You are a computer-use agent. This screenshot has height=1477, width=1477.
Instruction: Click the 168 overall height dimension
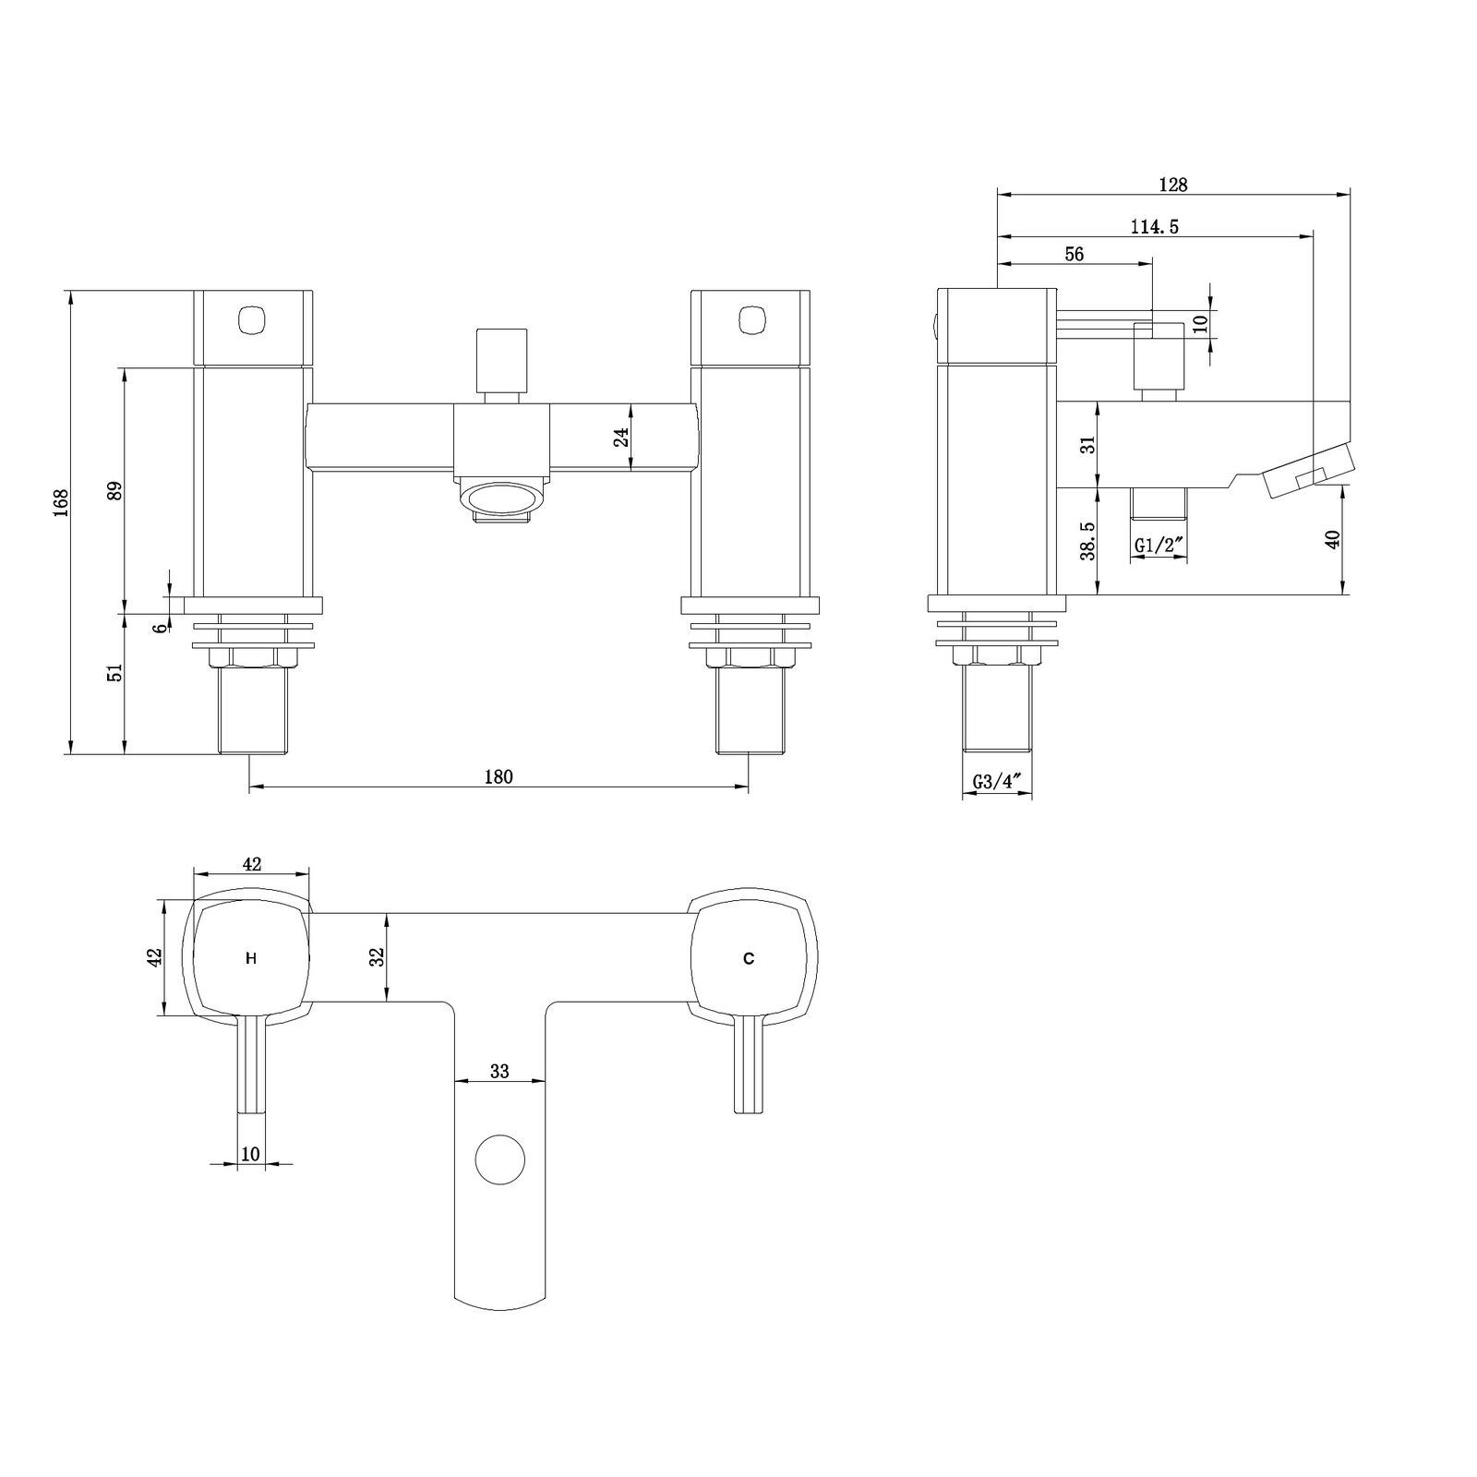[62, 502]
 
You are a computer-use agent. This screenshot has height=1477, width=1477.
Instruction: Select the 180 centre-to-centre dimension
[498, 776]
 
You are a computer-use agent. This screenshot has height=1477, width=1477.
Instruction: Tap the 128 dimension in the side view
[1173, 185]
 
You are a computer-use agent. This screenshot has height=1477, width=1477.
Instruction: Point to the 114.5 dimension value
[1155, 227]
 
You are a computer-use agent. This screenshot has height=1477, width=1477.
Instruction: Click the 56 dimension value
[1074, 255]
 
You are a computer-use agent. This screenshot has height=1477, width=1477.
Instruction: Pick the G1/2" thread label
[1159, 546]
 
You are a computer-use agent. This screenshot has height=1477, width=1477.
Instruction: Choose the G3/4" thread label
[997, 782]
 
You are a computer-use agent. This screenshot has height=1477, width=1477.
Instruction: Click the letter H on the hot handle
[251, 959]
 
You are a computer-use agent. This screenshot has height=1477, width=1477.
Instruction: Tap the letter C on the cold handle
[749, 959]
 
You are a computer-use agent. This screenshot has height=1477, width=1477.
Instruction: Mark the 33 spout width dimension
[499, 1071]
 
